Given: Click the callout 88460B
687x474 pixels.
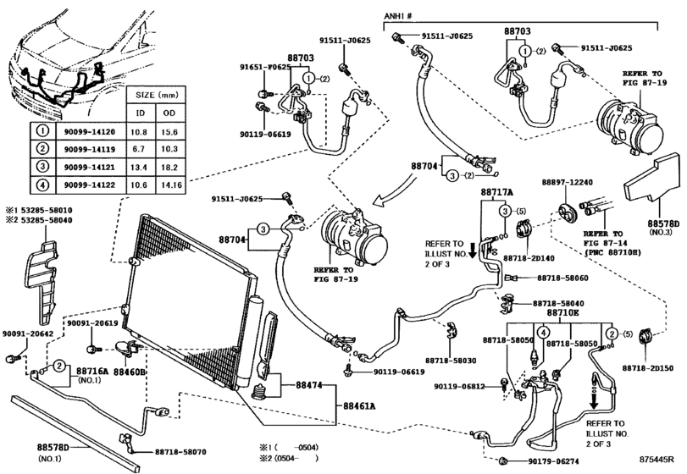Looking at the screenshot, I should click(x=130, y=372).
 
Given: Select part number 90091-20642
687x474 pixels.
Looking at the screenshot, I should click(x=26, y=334).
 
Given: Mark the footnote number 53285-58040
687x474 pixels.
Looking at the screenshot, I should click(x=43, y=219).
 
